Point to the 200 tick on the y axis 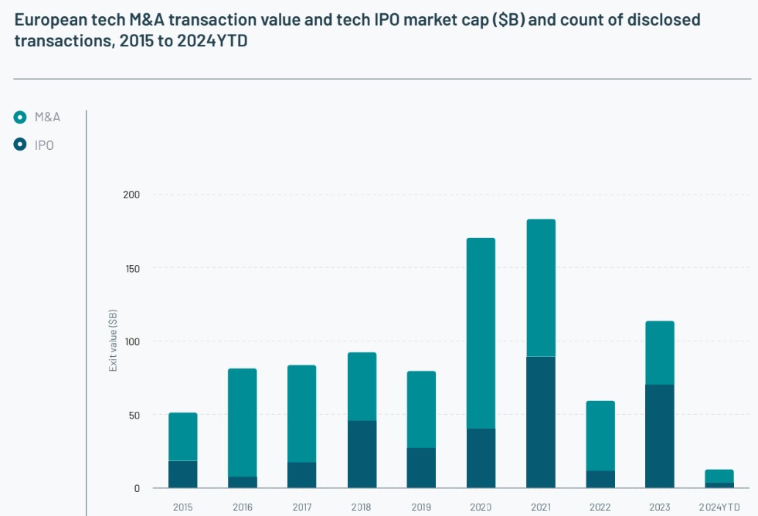tap(131, 195)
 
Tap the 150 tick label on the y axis tap(131, 268)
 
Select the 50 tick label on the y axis tap(134, 415)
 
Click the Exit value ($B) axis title tap(113, 341)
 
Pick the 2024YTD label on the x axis tap(719, 508)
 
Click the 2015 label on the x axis tap(183, 508)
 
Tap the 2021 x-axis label tap(541, 508)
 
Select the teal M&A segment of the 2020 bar tap(481, 333)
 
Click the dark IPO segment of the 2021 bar tap(541, 423)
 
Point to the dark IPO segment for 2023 tap(660, 436)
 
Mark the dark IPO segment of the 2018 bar tap(362, 454)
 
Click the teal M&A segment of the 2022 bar tap(600, 436)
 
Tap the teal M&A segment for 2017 tap(302, 414)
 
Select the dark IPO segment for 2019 tap(422, 468)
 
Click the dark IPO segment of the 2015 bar tap(183, 474)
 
